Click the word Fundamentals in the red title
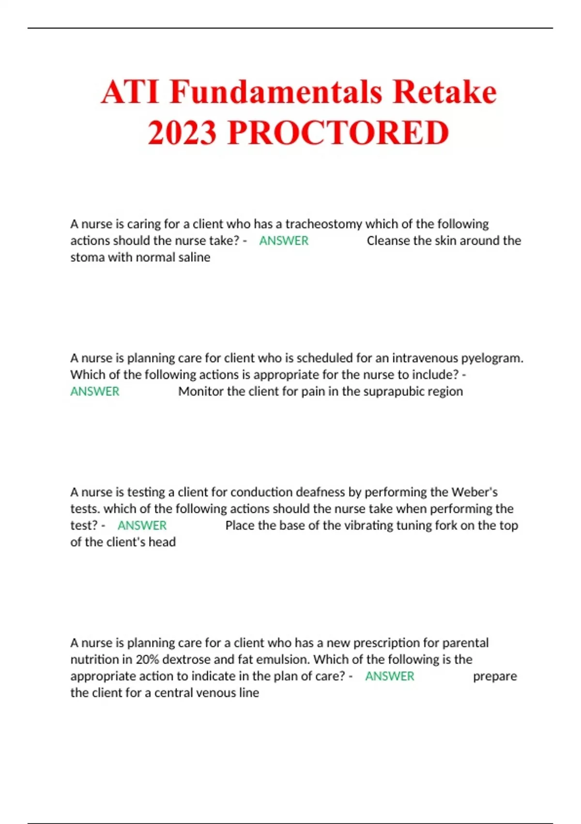click(x=276, y=92)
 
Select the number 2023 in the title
click(x=182, y=132)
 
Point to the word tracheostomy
click(x=323, y=224)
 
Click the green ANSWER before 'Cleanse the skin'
click(x=284, y=241)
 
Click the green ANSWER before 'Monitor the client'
click(x=95, y=392)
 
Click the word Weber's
click(x=474, y=492)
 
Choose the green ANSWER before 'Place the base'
click(x=142, y=525)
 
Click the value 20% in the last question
click(x=147, y=660)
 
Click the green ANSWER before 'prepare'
click(x=390, y=676)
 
